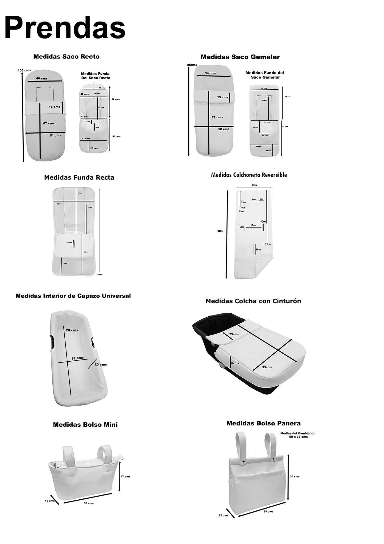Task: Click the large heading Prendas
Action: pos(65,28)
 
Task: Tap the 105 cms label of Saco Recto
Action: pos(24,70)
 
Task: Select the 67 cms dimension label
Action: pos(49,123)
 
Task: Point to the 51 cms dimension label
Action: pos(55,135)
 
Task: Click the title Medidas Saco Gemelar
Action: pos(240,57)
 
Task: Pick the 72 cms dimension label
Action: pos(217,117)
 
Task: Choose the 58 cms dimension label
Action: pos(224,129)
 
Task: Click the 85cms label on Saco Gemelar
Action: pos(192,65)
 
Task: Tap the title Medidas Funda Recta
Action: pos(79,177)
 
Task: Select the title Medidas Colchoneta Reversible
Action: pos(249,175)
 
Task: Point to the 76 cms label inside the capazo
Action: pos(72,330)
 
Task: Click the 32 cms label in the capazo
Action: pos(78,358)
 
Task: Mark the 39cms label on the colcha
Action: pos(267,367)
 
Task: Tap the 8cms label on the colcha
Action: pos(235,363)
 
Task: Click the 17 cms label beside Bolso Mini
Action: pos(125,476)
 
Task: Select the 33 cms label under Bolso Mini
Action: pos(89,503)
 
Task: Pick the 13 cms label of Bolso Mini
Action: pos(50,501)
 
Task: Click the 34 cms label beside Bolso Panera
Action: pos(294,477)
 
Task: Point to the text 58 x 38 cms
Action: pos(298,437)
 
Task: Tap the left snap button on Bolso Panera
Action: pos(244,461)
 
